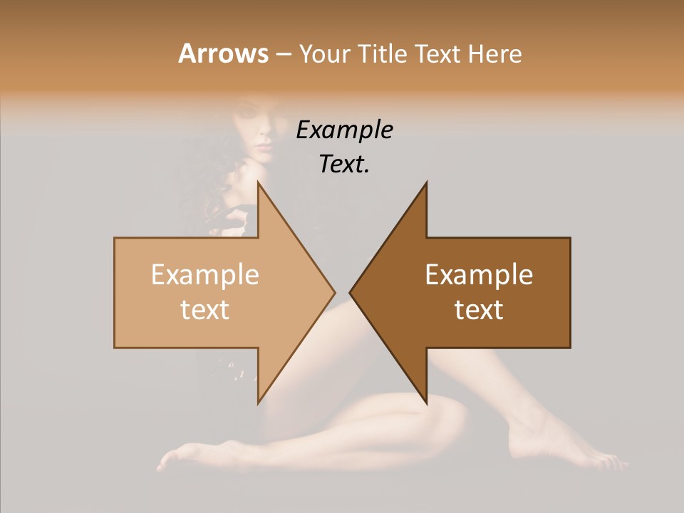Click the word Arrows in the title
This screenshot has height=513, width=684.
223,53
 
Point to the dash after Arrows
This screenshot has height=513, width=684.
283,54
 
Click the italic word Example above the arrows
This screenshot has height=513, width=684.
344,130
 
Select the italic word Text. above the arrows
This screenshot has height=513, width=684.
344,164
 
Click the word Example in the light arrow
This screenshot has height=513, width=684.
204,274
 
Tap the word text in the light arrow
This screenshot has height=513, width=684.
204,309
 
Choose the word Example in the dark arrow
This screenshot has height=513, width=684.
479,274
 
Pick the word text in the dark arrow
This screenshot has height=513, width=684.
479,309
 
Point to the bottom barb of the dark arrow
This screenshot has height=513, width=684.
425,400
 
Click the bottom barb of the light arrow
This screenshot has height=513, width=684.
259,400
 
